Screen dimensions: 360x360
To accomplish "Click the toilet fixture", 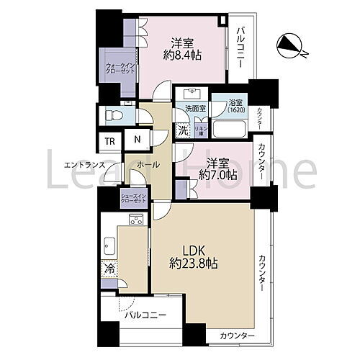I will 113,113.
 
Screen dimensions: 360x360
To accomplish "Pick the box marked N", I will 136,141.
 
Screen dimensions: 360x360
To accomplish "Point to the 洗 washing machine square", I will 183,131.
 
